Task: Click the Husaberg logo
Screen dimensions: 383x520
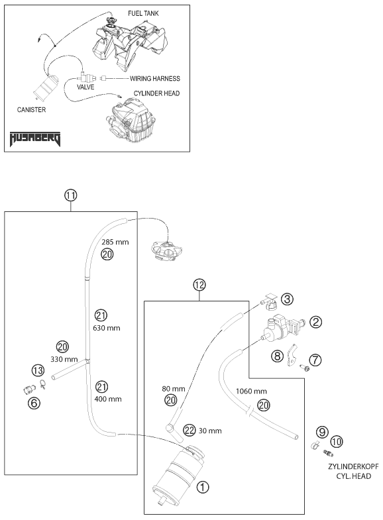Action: coord(35,139)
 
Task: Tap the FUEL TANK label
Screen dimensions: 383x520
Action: coord(143,13)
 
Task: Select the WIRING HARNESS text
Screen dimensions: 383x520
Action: coord(155,79)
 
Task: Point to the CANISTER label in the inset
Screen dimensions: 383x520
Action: coord(32,109)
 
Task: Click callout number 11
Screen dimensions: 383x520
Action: coord(71,195)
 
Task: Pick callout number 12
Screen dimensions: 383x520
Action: coord(199,285)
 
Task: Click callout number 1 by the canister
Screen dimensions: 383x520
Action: coord(203,487)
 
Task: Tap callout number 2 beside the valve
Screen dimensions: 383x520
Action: coord(315,322)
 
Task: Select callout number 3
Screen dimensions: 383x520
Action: coord(287,299)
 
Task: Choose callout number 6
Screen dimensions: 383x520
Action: coord(34,403)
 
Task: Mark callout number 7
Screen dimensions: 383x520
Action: coord(315,360)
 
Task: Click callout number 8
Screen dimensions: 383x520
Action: coord(277,356)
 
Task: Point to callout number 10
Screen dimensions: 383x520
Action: coord(337,442)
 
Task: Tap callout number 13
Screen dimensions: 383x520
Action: coord(38,370)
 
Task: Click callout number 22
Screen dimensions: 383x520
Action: coord(190,431)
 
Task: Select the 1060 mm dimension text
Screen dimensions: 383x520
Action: coord(251,391)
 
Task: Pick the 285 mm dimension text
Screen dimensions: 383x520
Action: coord(115,242)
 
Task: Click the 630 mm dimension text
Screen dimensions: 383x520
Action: coord(107,328)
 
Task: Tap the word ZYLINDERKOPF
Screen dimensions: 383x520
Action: coord(353,466)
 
